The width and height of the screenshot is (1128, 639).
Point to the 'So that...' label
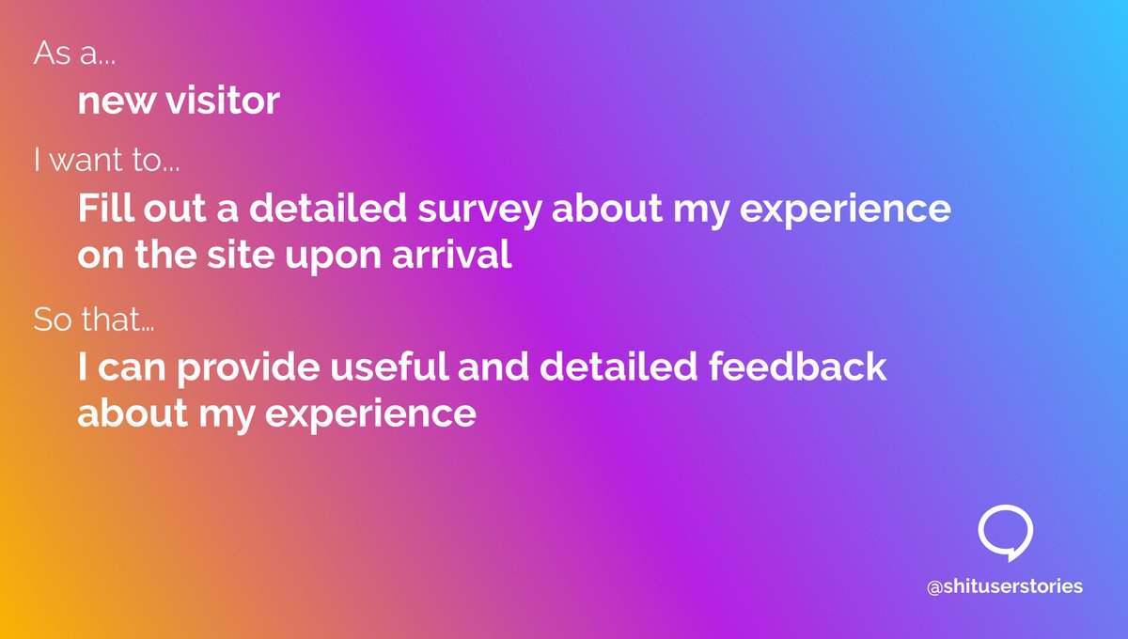[x=94, y=319]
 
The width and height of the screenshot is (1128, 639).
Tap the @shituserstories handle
[x=1005, y=586]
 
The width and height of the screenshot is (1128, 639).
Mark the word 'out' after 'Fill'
[x=163, y=209]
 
